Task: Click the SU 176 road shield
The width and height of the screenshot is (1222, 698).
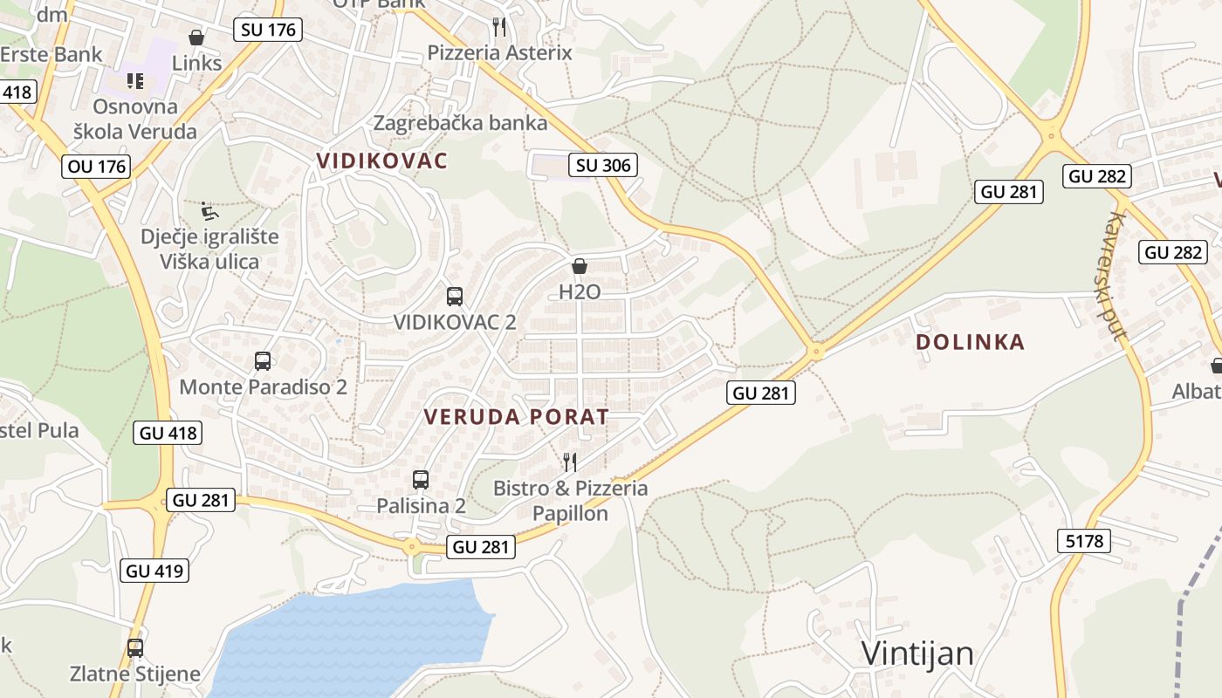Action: pyautogui.click(x=268, y=30)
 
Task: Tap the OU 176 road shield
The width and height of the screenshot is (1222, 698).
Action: pyautogui.click(x=96, y=166)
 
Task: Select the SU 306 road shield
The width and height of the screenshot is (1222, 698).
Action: pyautogui.click(x=602, y=164)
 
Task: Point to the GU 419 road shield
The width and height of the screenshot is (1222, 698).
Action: pyautogui.click(x=154, y=571)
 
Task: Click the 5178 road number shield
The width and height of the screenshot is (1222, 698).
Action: pyautogui.click(x=1085, y=541)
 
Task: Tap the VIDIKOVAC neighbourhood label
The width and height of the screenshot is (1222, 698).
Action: pyautogui.click(x=382, y=161)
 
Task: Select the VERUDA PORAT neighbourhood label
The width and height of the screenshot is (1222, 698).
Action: pyautogui.click(x=516, y=417)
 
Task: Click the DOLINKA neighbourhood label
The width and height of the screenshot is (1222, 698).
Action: pyautogui.click(x=970, y=342)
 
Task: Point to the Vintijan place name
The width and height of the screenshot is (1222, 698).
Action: pyautogui.click(x=916, y=653)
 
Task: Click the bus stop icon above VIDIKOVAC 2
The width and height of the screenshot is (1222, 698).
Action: pyautogui.click(x=454, y=296)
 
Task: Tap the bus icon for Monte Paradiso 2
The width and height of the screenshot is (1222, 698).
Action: pyautogui.click(x=262, y=360)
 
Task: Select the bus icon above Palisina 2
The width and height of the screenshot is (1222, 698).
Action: pyautogui.click(x=421, y=479)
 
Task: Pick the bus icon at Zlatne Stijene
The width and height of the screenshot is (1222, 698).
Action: pyautogui.click(x=134, y=648)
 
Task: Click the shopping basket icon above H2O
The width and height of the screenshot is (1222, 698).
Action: pyautogui.click(x=579, y=266)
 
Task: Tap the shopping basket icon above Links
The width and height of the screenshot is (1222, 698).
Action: pyautogui.click(x=196, y=38)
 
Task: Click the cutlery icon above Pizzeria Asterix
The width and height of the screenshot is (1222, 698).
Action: pyautogui.click(x=498, y=26)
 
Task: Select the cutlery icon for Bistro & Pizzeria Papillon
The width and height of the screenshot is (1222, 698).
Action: pyautogui.click(x=570, y=462)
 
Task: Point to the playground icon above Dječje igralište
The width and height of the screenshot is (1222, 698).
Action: pyautogui.click(x=209, y=210)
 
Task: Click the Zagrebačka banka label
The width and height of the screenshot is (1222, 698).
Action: pyautogui.click(x=460, y=123)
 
